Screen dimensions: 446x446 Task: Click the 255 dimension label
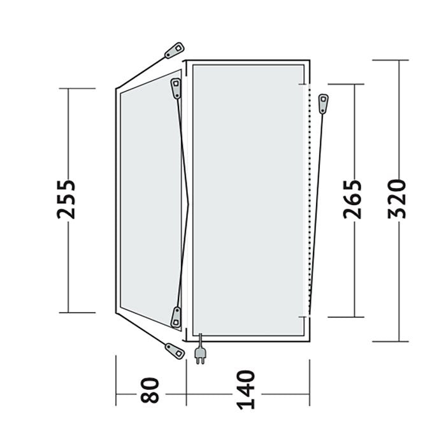pyautogui.click(x=66, y=199)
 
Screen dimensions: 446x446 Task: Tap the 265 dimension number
pyautogui.click(x=352, y=199)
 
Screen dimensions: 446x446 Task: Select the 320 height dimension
pyautogui.click(x=396, y=199)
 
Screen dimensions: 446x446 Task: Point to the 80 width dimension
pyautogui.click(x=150, y=390)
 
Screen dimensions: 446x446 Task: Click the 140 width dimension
pyautogui.click(x=246, y=390)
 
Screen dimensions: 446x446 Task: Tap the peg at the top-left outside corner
pyautogui.click(x=175, y=50)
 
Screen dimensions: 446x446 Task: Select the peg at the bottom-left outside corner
pyautogui.click(x=175, y=352)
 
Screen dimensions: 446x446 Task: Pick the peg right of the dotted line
pyautogui.click(x=324, y=103)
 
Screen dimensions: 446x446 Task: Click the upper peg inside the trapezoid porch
pyautogui.click(x=176, y=89)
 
